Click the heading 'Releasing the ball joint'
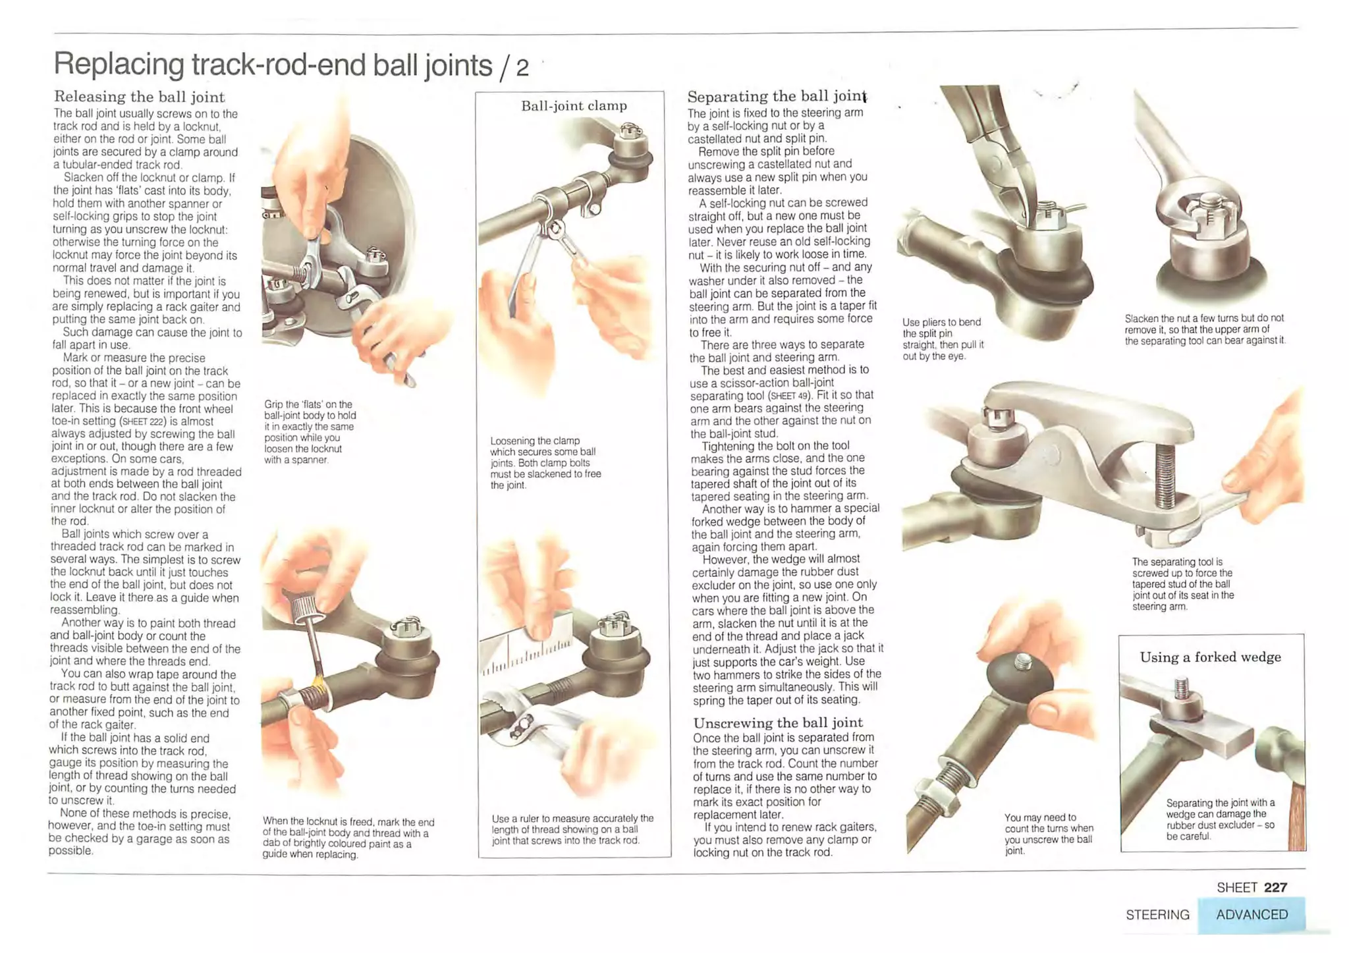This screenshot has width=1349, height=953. [x=140, y=97]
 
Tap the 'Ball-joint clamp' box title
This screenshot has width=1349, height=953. [x=574, y=105]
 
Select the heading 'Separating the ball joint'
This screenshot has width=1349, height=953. [x=777, y=96]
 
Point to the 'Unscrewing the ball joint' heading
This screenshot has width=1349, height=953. [x=778, y=722]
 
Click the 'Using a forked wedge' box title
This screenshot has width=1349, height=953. [x=1211, y=657]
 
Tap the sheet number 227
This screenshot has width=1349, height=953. [x=1276, y=887]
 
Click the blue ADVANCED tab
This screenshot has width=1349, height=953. [x=1252, y=915]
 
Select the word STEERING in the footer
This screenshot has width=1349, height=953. [x=1157, y=915]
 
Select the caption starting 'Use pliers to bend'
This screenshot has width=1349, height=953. [x=943, y=339]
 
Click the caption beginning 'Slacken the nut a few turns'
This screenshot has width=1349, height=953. [x=1205, y=329]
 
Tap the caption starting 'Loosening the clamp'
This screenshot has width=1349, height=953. [x=545, y=462]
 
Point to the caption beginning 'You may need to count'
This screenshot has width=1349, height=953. [x=1049, y=834]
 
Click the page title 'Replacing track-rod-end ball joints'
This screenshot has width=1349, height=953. [x=273, y=65]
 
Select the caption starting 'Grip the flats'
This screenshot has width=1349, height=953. [x=310, y=432]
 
